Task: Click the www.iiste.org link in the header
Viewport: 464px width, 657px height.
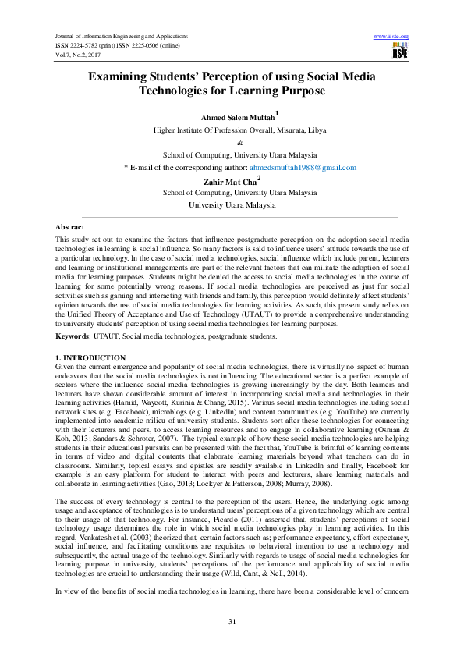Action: [391, 37]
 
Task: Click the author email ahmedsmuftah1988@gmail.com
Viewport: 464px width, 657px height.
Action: [303, 168]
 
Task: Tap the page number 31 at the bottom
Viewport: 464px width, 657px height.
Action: [232, 621]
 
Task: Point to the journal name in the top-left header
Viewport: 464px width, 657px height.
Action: [122, 37]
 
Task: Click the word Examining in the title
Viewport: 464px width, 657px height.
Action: [124, 76]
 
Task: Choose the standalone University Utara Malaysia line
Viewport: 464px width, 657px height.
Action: [232, 205]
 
